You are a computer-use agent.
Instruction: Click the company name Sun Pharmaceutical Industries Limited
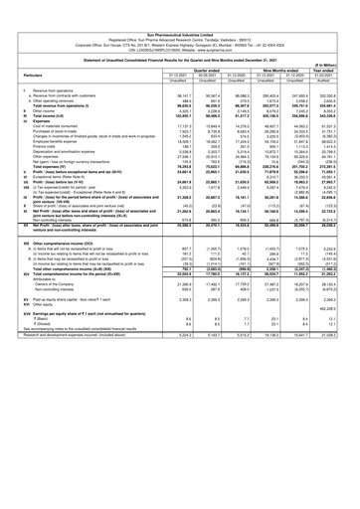[180, 6]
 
